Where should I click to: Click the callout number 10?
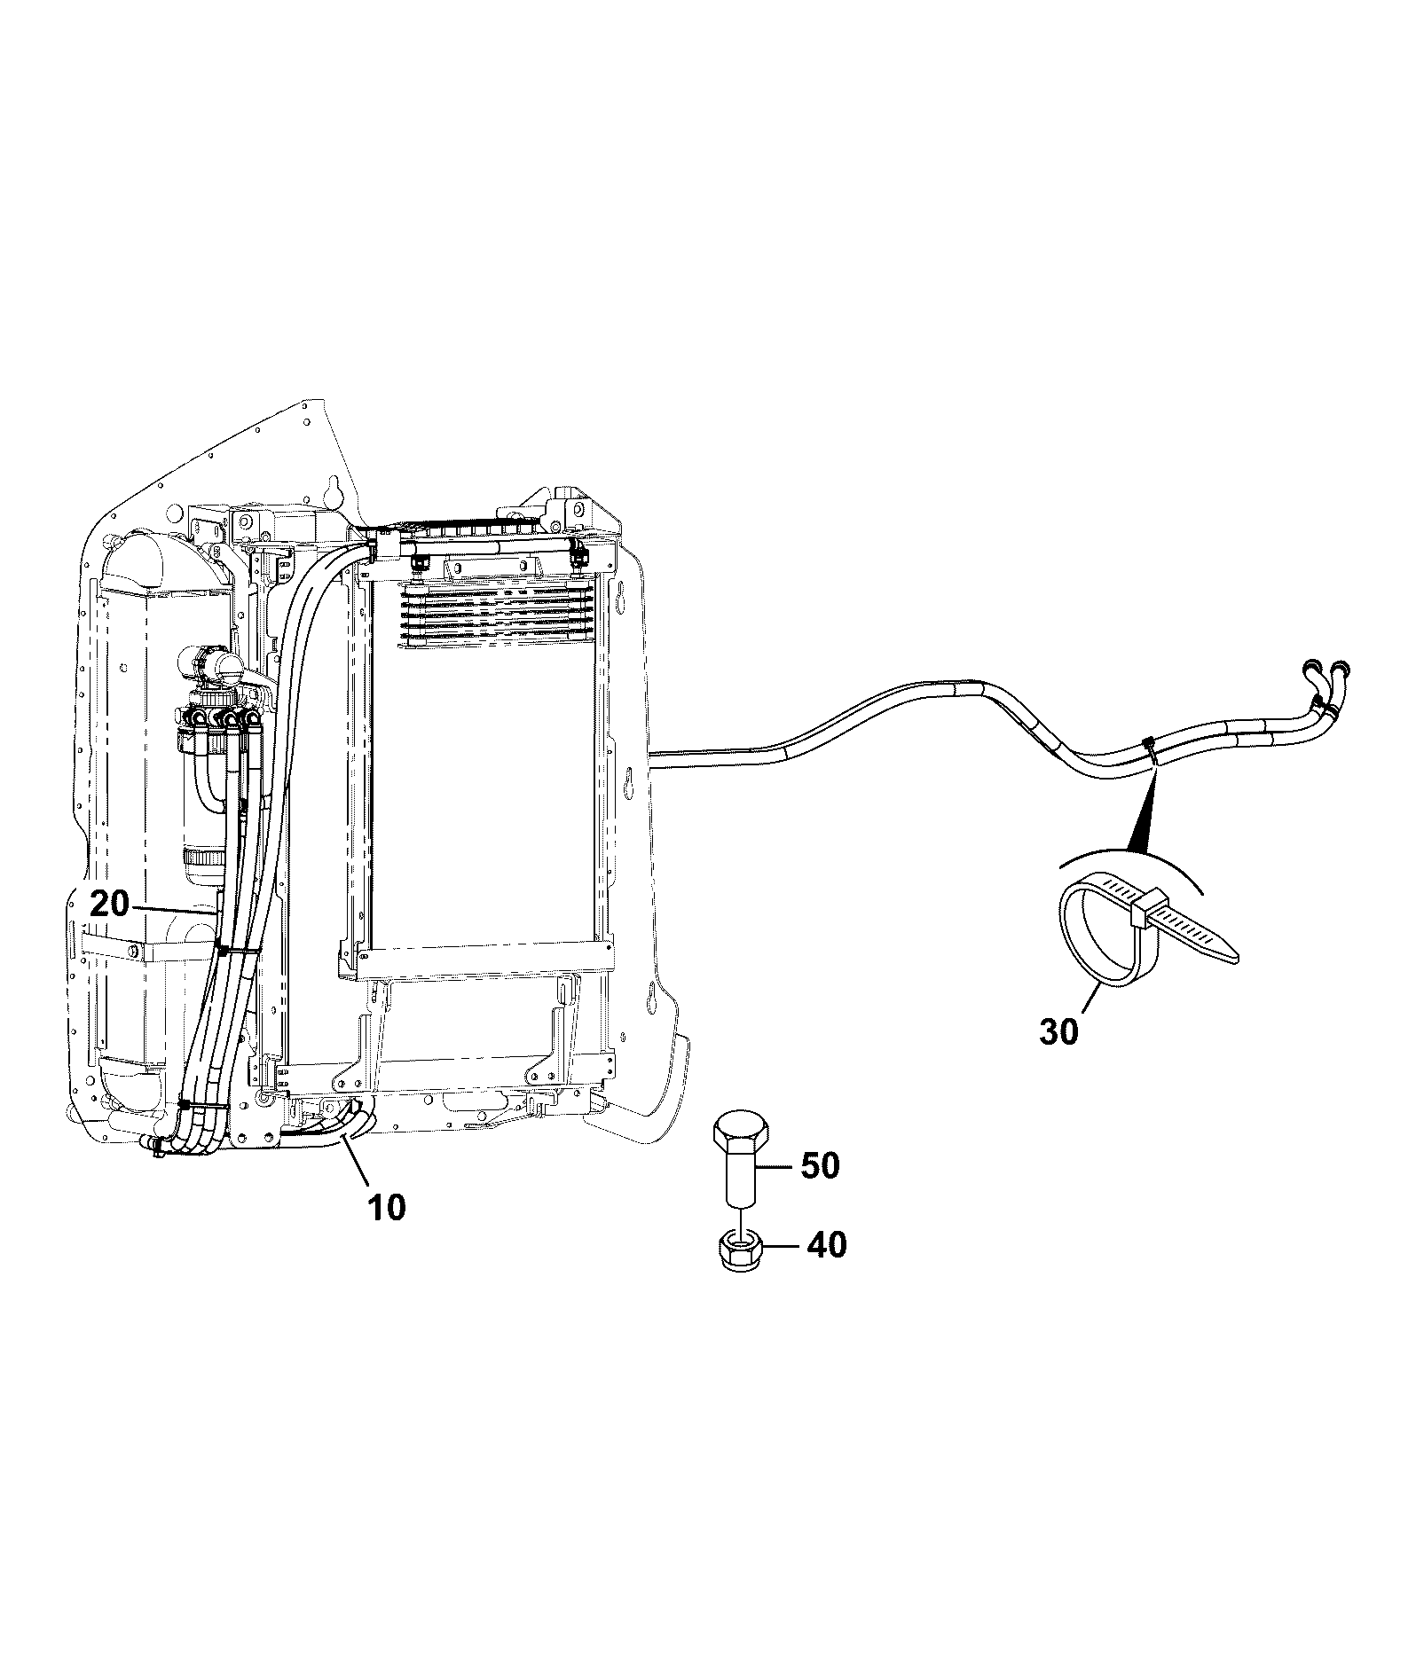(387, 1207)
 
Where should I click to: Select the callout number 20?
(109, 905)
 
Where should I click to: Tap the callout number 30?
(1058, 1031)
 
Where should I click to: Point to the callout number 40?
(827, 1245)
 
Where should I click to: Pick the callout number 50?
(820, 1166)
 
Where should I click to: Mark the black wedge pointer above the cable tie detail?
(1144, 806)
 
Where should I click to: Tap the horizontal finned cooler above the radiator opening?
(498, 615)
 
